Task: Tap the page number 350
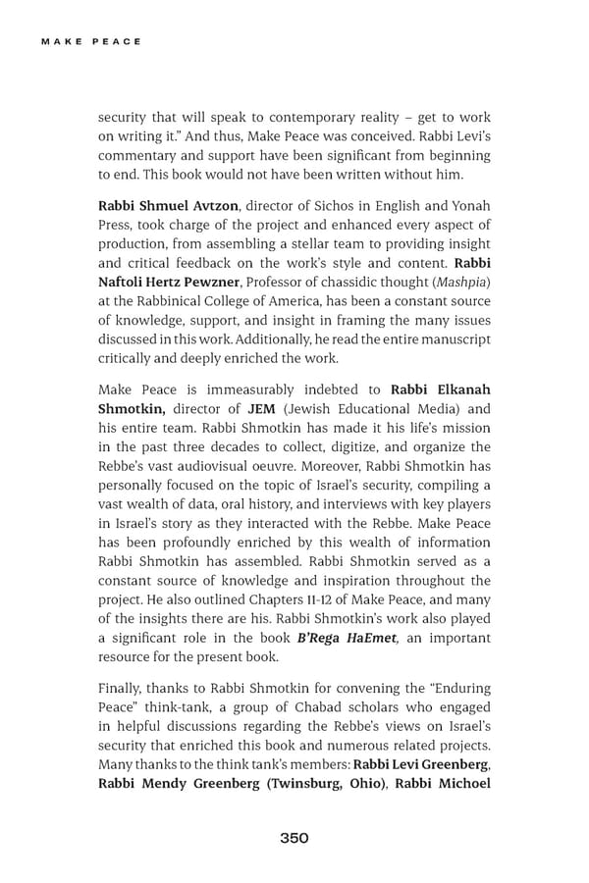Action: pyautogui.click(x=294, y=837)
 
